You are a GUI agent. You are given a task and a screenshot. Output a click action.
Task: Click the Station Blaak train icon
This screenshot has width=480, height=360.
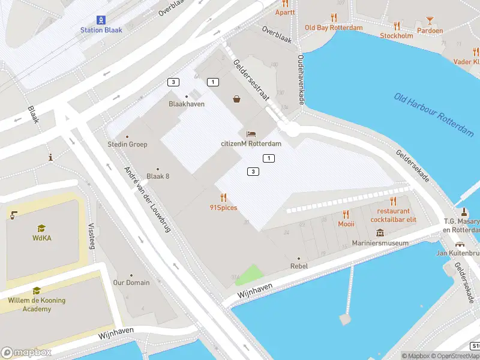101,19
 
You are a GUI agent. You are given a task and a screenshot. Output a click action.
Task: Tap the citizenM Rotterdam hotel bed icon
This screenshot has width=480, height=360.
251,133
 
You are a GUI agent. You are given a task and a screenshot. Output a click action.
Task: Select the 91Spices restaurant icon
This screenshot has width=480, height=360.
223,197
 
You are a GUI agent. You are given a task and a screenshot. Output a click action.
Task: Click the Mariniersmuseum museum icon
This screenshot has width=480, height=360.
380,232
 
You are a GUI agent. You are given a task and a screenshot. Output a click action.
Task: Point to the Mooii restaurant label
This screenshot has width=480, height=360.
346,224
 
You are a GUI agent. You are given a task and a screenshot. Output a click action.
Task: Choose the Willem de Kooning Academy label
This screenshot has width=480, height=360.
37,305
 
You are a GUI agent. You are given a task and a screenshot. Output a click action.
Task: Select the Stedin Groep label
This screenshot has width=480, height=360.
127,145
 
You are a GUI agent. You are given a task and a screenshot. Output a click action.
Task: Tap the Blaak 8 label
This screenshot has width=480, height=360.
158,176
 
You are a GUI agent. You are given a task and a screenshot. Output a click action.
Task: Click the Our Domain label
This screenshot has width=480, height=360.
131,283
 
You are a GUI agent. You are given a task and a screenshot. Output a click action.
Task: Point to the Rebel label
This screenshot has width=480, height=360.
299,266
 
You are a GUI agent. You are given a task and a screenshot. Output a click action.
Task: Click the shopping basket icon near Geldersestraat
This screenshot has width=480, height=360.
237,99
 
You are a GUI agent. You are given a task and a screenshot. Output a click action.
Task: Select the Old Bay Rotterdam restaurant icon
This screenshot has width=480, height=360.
334,17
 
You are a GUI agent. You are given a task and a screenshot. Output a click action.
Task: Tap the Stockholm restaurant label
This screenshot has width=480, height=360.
396,35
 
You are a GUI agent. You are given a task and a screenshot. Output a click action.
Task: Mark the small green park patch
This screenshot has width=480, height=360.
248,275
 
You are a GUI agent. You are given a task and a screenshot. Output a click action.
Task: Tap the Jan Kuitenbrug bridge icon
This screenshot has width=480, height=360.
460,244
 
